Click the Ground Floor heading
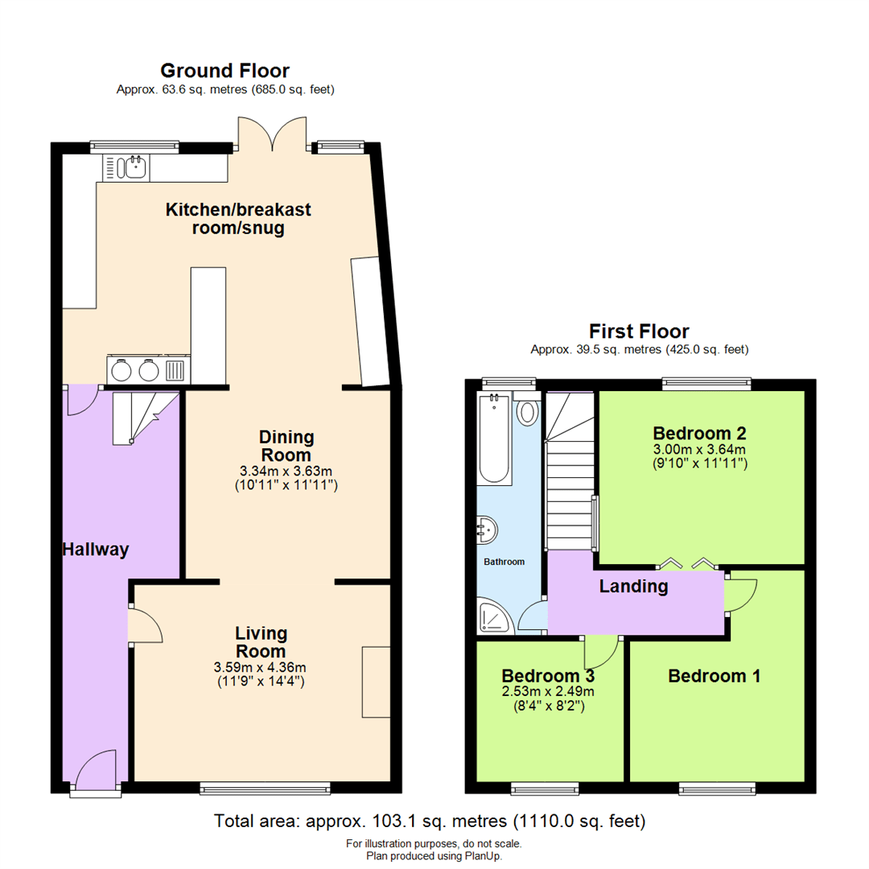224,71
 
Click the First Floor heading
639,331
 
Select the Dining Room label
286,446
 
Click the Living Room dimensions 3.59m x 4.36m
260,667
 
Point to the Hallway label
95,550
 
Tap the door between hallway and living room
140,624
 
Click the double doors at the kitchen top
272,135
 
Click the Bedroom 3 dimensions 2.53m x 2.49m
548,691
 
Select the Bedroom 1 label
714,676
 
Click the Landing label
633,586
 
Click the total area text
430,822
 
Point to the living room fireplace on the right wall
375,681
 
